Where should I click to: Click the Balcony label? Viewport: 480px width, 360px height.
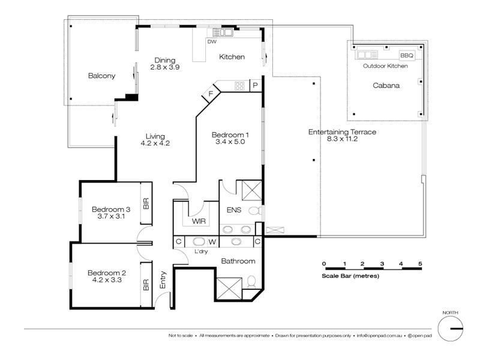tap(101, 76)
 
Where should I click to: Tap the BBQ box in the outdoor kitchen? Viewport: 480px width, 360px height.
tap(407, 55)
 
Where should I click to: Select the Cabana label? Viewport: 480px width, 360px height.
tap(386, 85)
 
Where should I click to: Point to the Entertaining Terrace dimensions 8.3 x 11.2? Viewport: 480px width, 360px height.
tap(342, 139)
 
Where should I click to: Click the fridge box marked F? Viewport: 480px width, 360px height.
tap(211, 94)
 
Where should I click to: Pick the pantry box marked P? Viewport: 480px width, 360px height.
tap(256, 85)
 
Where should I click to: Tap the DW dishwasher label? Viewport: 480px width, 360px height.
tap(212, 41)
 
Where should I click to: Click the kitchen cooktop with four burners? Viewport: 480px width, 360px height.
tap(239, 86)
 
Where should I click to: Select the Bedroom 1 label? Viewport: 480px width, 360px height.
tap(230, 134)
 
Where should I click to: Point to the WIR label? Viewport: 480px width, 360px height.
tap(199, 221)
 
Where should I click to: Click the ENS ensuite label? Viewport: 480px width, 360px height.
tap(234, 210)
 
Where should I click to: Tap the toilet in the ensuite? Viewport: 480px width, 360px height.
tap(254, 211)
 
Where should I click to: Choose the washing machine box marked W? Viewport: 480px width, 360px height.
tap(212, 242)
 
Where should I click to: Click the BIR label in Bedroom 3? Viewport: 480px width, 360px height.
tap(146, 203)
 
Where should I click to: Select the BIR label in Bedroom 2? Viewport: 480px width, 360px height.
tap(146, 284)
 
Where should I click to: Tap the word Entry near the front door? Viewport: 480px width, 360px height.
tap(163, 280)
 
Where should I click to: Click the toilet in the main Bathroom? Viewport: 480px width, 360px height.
tap(251, 282)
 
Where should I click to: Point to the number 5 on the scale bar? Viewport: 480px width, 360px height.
tap(421, 263)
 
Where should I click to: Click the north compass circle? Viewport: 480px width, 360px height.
tap(450, 329)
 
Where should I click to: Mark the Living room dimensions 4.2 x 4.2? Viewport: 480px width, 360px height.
tap(155, 143)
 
